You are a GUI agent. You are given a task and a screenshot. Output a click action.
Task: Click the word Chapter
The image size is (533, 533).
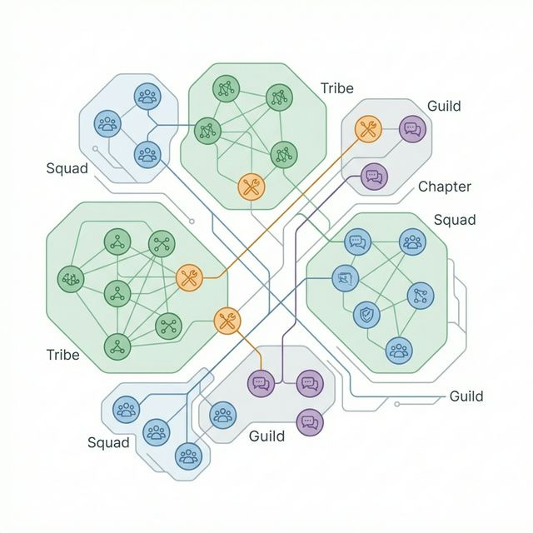point(444,187)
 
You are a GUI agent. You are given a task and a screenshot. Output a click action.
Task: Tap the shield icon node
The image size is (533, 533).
point(366,314)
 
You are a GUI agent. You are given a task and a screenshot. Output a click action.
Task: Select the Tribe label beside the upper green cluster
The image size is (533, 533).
point(336,88)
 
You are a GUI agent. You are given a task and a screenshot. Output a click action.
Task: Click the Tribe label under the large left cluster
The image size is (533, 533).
point(62,355)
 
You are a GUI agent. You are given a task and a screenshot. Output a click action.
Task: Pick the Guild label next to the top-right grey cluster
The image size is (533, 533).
point(443,107)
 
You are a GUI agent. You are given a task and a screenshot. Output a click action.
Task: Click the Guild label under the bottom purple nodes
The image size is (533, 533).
point(266,436)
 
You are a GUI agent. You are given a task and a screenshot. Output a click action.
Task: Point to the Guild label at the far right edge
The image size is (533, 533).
point(466,396)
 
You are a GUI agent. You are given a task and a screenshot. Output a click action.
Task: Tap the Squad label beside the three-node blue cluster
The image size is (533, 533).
point(67,168)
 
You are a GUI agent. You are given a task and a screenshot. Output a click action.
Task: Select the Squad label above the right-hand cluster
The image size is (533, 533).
point(455,220)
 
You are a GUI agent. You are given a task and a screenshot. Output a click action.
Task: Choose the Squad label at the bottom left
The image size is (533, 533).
point(108,442)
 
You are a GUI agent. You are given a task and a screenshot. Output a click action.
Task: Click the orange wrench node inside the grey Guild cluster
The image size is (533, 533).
point(368,128)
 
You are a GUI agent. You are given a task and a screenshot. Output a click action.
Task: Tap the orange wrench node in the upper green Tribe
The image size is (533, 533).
point(250,187)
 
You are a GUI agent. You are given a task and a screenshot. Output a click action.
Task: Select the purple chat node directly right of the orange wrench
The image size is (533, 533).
point(412,128)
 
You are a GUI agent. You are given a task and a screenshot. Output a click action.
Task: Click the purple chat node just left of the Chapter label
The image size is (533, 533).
point(375,176)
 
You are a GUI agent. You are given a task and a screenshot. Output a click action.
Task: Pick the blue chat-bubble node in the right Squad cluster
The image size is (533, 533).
point(356,242)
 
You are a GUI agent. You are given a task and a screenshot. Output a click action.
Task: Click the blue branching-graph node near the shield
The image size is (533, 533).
point(420,294)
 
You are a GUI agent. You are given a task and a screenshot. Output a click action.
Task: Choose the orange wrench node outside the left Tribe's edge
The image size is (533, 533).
point(227,319)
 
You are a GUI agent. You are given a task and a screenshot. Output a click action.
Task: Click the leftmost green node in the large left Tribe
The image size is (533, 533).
point(68,280)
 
